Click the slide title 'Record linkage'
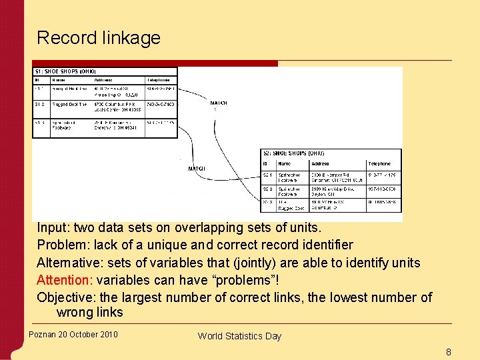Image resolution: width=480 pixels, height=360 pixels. (x=99, y=37)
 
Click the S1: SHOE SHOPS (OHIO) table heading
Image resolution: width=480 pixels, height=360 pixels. (x=65, y=71)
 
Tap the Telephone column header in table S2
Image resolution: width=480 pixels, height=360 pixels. (x=379, y=163)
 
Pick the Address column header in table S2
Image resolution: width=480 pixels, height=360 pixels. (x=320, y=163)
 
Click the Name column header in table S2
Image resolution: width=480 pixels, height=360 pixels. (x=285, y=163)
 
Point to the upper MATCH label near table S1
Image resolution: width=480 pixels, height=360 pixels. (x=219, y=103)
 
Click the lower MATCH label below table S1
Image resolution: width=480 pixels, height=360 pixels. (x=197, y=169)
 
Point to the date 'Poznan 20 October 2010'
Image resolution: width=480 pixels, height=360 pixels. (x=73, y=334)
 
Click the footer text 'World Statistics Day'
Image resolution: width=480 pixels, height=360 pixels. (x=239, y=336)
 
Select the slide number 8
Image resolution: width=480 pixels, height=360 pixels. (x=448, y=351)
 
